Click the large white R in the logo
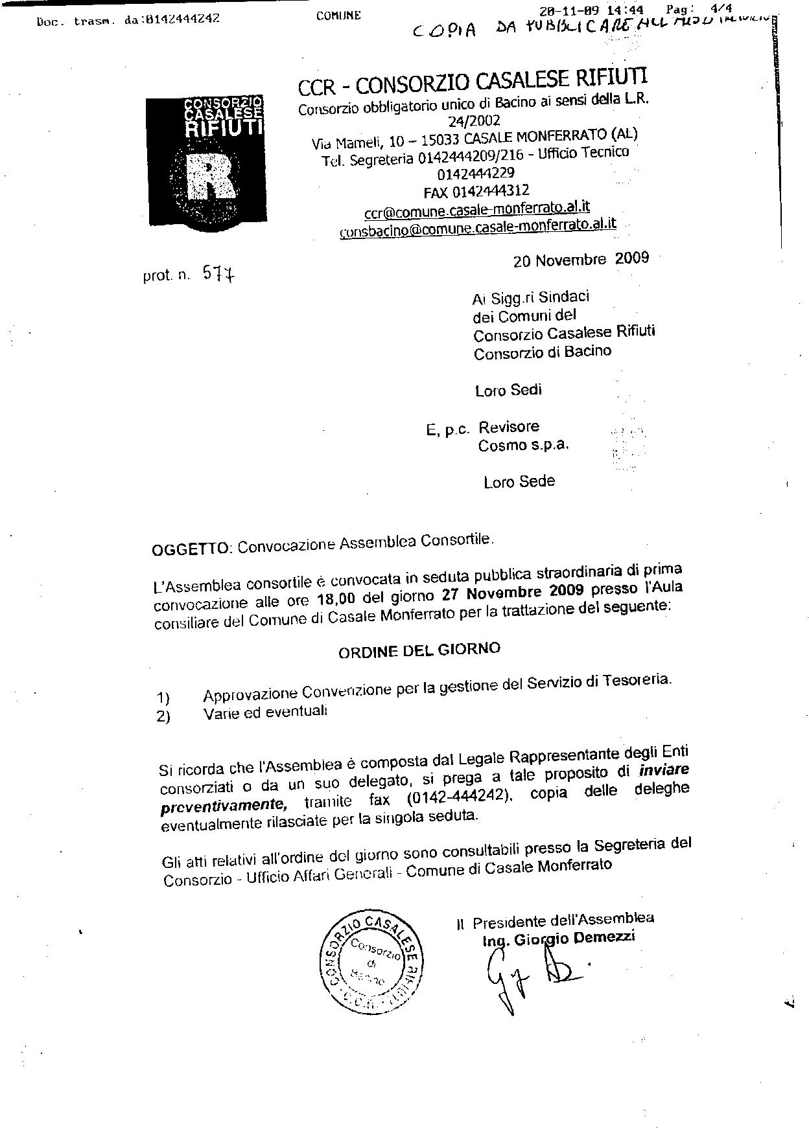[209, 177]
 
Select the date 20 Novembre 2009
[581, 259]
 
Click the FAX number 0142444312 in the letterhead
[476, 191]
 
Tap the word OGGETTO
[191, 549]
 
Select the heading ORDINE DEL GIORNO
[419, 650]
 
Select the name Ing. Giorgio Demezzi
[559, 937]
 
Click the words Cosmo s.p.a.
[523, 446]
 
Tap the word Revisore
[509, 427]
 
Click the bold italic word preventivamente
[224, 805]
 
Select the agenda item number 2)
[163, 717]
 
